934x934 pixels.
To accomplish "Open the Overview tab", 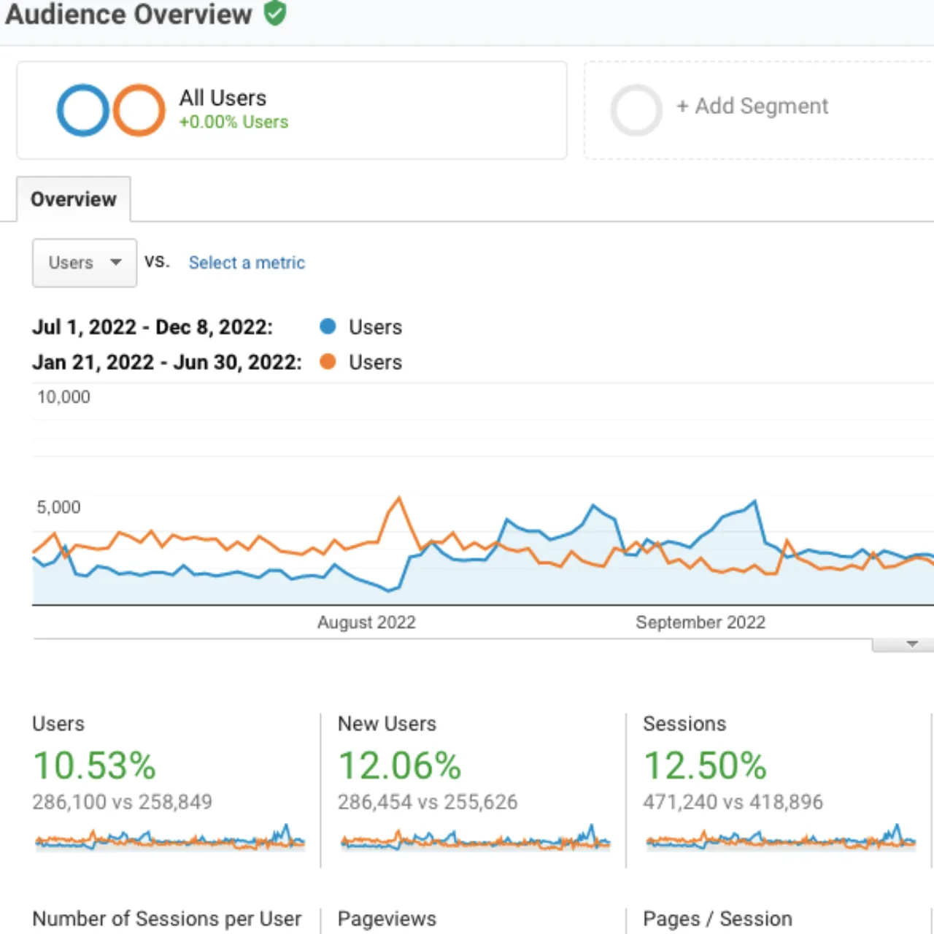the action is pos(74,199).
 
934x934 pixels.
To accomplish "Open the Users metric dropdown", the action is pos(85,263).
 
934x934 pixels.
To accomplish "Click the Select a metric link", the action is pos(247,263).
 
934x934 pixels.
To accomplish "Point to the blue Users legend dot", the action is pos(328,326).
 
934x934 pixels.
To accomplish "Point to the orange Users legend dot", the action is pos(328,362).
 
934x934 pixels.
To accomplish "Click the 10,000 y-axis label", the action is pos(63,397).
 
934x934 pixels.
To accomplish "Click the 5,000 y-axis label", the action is pos(58,507).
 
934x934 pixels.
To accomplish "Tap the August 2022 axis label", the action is pos(366,622).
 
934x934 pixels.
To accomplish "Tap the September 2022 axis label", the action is pos(700,622).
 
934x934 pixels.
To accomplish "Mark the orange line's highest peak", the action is pos(399,498).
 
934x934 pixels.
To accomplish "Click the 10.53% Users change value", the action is pos(95,766).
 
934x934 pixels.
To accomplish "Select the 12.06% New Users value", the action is pos(399,766).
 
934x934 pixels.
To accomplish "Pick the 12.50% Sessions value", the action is pos(705,766).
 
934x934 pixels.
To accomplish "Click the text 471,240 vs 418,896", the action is pos(733,802).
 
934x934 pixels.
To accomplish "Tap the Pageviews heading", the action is pos(387,919).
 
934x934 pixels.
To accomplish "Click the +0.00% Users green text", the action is pos(233,122).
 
